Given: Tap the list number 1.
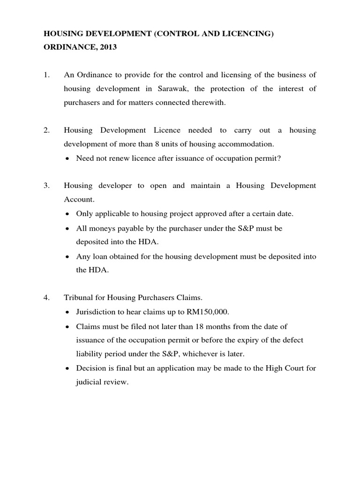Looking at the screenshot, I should click(46, 75).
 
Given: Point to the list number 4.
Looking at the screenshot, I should click(46, 297).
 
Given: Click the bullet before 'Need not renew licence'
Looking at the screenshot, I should click(68, 159).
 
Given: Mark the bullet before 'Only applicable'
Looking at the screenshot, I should click(68, 214).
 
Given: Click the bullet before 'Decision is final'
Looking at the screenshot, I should click(68, 368).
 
